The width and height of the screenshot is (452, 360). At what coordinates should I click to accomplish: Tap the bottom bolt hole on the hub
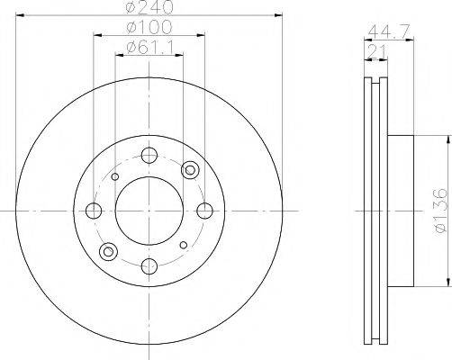point(149,265)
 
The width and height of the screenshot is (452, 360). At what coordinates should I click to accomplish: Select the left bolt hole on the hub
point(94,211)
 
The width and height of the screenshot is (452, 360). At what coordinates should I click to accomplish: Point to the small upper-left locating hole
point(114,177)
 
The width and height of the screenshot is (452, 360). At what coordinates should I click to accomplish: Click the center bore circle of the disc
point(149,211)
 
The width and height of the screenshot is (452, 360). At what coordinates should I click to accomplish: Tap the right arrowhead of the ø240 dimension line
point(280,18)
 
